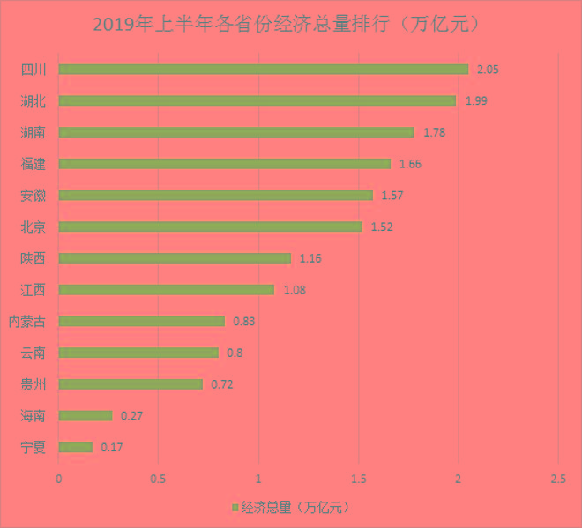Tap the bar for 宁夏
75,447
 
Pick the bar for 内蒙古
141,321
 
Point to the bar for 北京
210,227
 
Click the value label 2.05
489,69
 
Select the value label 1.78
435,132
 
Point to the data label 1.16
310,258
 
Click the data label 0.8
234,353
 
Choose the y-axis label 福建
33,163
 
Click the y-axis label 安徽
33,195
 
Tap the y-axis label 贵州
33,384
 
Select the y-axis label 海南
33,416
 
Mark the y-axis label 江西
33,289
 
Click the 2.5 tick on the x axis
557,479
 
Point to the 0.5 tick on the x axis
158,479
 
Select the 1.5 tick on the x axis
358,479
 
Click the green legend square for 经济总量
234,508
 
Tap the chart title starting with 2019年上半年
290,24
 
